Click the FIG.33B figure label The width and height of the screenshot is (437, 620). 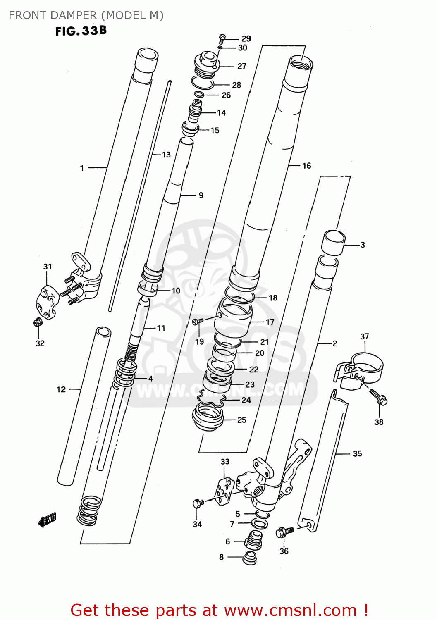coord(81,31)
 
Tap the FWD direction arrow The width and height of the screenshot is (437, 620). coord(47,520)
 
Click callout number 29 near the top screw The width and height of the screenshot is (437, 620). coord(246,38)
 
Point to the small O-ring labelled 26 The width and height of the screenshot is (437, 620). coord(199,95)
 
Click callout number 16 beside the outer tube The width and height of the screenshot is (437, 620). coord(306,166)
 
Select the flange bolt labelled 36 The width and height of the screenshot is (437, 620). coord(285,532)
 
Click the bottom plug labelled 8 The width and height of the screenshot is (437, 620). coord(250,558)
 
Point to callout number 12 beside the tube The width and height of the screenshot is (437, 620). coord(61,389)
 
